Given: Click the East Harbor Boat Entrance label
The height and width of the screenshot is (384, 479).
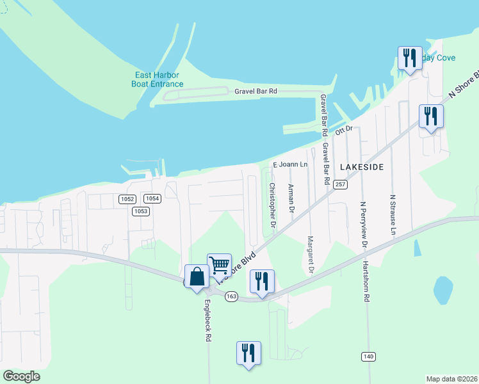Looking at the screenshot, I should [158, 79].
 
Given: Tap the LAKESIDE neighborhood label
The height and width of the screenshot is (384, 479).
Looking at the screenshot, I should [362, 166].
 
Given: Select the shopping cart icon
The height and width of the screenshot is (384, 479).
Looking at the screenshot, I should [219, 265].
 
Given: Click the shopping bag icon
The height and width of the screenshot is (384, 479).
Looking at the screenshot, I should [197, 277].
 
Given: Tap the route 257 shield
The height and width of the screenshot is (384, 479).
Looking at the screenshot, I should [340, 184].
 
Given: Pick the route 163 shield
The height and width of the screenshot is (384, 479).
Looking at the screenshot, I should [232, 296].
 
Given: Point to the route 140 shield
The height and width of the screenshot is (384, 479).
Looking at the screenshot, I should [368, 356].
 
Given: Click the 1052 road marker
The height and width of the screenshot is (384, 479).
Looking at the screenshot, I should [127, 199].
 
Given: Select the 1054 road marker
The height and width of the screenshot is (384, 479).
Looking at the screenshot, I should [152, 199].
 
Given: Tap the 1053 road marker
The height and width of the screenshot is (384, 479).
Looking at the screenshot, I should [141, 211].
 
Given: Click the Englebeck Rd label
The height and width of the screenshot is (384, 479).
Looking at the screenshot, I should [207, 321].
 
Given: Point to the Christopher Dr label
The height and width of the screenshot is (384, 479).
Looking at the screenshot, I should [272, 205].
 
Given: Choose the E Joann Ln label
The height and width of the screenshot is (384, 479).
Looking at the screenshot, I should [291, 164].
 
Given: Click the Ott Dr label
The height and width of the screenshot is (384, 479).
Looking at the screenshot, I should [345, 129].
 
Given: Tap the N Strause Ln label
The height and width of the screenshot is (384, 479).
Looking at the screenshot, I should [393, 213].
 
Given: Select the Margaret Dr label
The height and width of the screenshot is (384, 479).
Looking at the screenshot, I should [310, 255].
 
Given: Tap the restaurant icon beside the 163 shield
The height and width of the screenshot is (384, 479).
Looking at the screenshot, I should [262, 282].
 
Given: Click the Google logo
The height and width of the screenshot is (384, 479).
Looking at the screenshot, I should [21, 376].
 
